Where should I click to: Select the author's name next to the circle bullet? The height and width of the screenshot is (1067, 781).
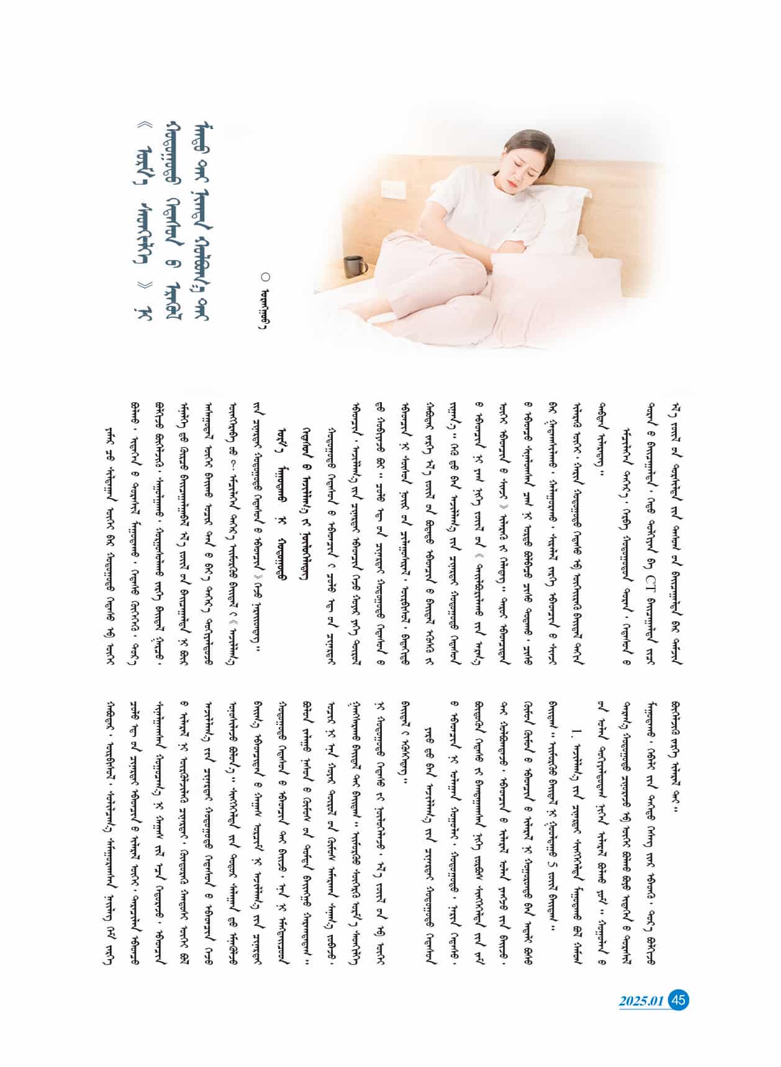pos(266,308)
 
